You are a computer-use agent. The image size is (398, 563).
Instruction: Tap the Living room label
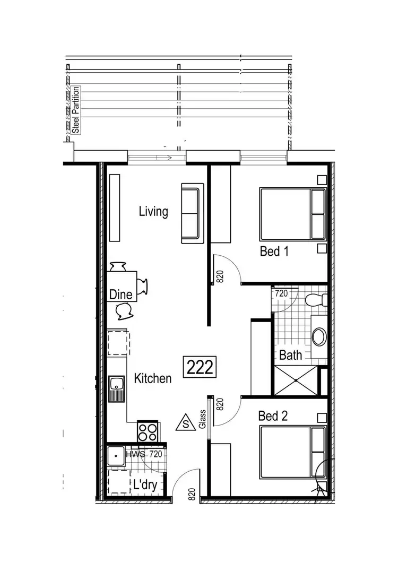pyautogui.click(x=153, y=212)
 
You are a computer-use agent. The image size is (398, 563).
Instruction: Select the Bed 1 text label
pyautogui.click(x=274, y=251)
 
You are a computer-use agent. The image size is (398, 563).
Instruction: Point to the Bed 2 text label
pyautogui.click(x=273, y=415)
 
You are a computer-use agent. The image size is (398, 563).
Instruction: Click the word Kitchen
pyautogui.click(x=152, y=378)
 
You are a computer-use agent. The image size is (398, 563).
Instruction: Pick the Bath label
pyautogui.click(x=290, y=355)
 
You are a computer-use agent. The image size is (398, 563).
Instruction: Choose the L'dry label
pyautogui.click(x=144, y=484)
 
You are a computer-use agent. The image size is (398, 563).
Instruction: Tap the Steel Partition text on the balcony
pyautogui.click(x=76, y=110)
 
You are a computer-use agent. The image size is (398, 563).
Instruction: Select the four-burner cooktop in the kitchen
pyautogui.click(x=148, y=430)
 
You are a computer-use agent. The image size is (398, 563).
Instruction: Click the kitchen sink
pyautogui.click(x=116, y=389)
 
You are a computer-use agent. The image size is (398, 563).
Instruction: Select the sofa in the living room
pyautogui.click(x=192, y=213)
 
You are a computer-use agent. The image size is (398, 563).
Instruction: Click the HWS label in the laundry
pyautogui.click(x=134, y=454)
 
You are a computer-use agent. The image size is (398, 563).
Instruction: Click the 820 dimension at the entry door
pyautogui.click(x=192, y=495)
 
